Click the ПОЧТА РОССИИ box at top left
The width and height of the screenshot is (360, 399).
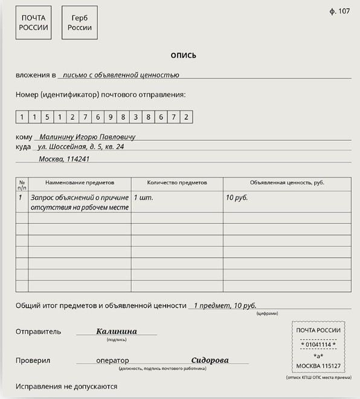33,23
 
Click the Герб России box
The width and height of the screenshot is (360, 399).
80,23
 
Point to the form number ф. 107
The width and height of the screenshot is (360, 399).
340,11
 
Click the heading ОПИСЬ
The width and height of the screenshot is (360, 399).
183,56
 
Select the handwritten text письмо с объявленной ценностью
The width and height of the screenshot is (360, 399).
121,75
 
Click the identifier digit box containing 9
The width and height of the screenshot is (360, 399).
111,117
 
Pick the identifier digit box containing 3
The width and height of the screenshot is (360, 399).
136,117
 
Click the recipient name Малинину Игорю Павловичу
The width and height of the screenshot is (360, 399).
87,137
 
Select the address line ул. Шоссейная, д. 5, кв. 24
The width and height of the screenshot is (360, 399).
81,147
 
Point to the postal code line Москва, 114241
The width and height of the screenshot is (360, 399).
64,159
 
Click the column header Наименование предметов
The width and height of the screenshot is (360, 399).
80,182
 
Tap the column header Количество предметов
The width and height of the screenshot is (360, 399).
177,182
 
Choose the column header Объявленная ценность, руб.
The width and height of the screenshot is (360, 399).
287,182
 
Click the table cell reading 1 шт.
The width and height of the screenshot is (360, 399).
143,197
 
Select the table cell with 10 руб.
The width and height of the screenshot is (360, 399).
237,197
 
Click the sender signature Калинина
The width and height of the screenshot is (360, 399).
117,331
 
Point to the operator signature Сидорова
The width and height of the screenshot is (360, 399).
210,360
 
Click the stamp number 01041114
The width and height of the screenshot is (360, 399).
318,345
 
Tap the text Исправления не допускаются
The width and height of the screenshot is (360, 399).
66,386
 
